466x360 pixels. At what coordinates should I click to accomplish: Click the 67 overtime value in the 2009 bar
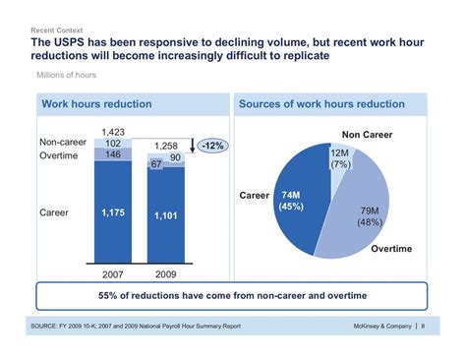[155, 164]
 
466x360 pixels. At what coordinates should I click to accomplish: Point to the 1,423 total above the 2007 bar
[114, 130]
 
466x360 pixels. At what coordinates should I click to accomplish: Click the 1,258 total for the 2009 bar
[165, 145]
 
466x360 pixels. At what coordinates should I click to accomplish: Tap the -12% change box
[211, 146]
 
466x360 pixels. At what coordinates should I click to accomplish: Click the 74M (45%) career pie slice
[291, 201]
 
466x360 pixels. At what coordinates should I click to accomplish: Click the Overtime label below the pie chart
[391, 249]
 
